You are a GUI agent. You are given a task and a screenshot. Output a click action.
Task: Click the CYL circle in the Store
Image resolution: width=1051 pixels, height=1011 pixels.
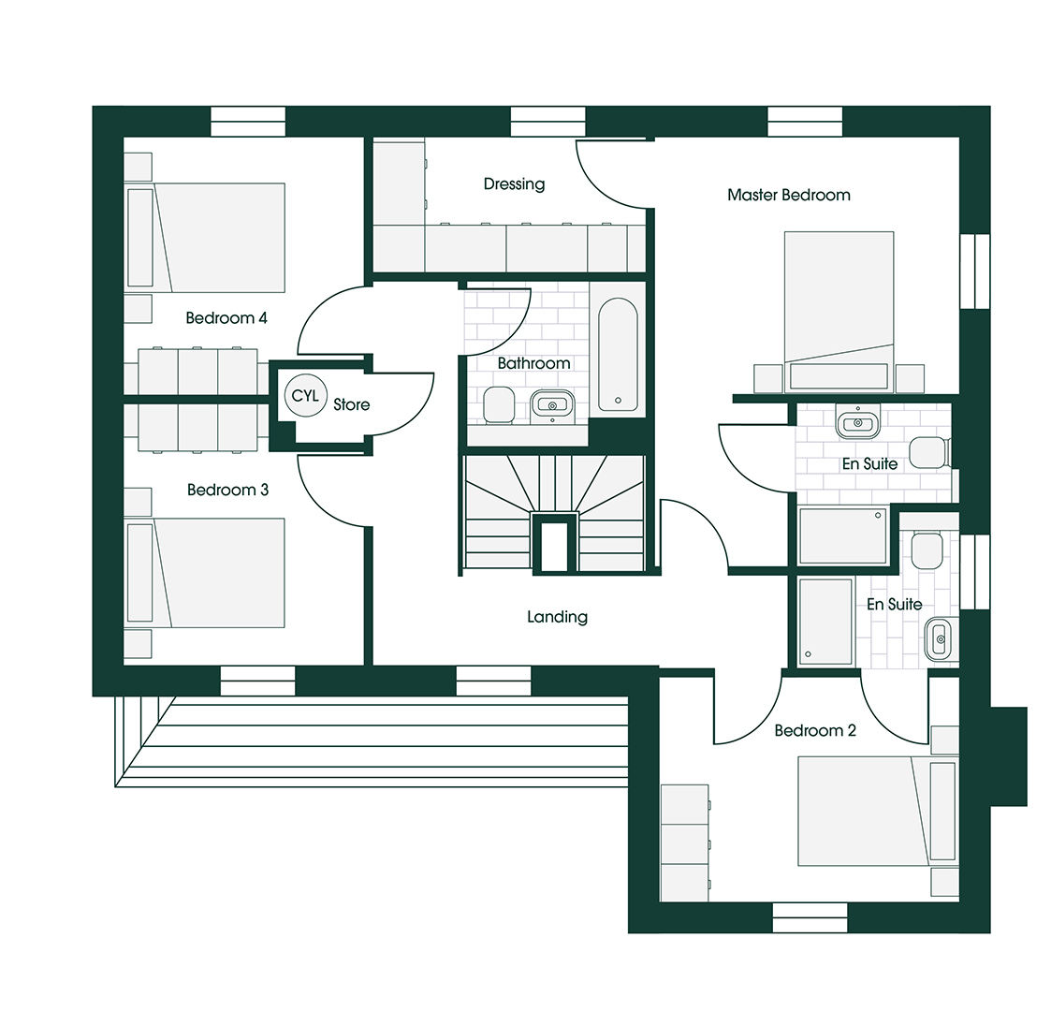point(304,396)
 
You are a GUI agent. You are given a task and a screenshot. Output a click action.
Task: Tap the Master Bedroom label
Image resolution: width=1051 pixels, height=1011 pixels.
point(788,195)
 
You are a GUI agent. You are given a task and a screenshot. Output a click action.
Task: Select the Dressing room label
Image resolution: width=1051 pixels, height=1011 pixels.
point(514,183)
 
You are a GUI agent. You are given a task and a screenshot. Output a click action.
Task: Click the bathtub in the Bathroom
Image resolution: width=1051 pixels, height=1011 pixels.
point(618,355)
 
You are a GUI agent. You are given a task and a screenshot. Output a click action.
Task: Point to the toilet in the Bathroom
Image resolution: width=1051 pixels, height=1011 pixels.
point(498,404)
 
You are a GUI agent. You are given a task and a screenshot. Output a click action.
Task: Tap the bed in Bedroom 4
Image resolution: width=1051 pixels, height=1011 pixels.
point(219,238)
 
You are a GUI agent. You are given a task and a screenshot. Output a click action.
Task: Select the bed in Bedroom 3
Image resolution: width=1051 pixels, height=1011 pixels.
point(219,573)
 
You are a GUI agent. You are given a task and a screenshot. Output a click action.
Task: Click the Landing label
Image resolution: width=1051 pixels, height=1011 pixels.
point(557,617)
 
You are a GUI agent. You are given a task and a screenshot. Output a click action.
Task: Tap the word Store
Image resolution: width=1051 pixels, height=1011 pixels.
point(352,404)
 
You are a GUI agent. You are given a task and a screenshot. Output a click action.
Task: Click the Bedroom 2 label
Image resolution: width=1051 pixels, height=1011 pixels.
point(814,730)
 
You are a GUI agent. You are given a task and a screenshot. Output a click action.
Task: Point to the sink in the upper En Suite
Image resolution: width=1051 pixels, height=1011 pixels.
point(855,422)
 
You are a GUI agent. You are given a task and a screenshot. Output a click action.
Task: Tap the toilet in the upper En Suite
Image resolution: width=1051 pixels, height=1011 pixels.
point(929,452)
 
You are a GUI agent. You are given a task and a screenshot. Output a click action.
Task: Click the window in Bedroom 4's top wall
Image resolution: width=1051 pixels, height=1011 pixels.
point(247,122)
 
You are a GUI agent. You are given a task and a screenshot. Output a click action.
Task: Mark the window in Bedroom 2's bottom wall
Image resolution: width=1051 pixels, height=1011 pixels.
point(810,917)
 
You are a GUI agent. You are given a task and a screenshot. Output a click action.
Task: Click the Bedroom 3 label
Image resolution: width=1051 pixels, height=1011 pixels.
point(227,490)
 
